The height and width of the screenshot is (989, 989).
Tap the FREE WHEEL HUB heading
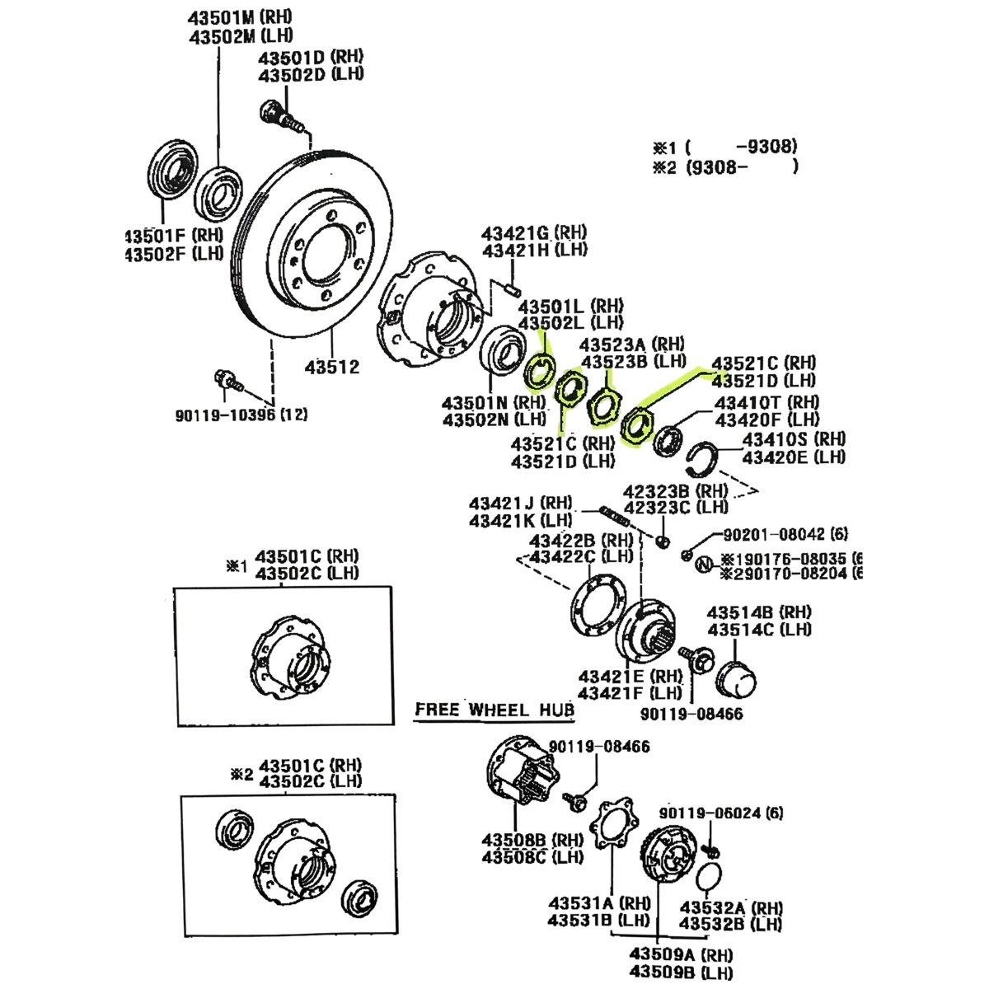494,710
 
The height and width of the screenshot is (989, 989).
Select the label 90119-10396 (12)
241,415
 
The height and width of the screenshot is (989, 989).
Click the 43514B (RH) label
758,612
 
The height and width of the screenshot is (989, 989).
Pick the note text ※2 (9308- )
725,167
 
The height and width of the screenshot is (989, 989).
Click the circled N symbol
703,565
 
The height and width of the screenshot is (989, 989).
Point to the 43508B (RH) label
524,841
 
